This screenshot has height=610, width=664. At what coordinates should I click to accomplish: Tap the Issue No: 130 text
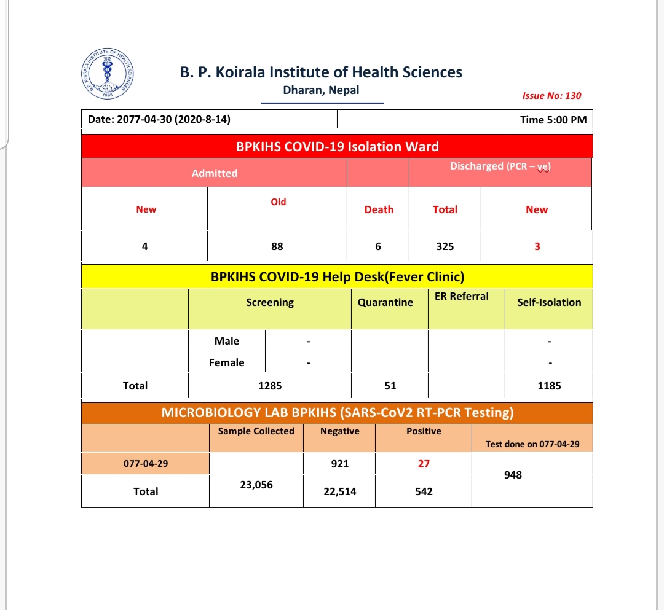(551, 96)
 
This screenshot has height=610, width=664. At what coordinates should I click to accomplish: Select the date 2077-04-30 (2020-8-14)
(159, 120)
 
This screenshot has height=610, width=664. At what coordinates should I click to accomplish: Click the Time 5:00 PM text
(553, 120)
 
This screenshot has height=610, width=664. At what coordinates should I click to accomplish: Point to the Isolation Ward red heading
(337, 147)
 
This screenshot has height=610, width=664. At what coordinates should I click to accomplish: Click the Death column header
(379, 209)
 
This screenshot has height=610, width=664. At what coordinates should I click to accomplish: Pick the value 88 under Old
(277, 246)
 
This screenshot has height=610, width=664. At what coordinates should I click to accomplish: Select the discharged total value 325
(445, 246)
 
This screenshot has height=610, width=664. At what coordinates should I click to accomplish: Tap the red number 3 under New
(537, 246)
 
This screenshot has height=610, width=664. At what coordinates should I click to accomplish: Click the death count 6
(378, 246)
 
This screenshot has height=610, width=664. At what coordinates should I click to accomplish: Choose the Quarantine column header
(385, 302)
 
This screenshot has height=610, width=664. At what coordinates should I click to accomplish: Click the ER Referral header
(461, 296)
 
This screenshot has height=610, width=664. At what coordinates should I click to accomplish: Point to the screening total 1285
(270, 386)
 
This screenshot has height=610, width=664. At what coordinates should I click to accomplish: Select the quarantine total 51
(390, 386)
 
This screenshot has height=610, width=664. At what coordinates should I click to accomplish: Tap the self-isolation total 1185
(549, 386)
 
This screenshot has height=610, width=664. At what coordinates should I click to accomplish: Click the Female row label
(227, 362)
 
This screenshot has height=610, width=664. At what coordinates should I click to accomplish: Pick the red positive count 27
(424, 464)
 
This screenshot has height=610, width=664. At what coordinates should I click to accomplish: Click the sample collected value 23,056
(256, 485)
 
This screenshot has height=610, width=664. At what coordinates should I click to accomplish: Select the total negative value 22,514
(339, 491)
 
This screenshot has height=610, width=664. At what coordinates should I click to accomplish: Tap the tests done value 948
(512, 475)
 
